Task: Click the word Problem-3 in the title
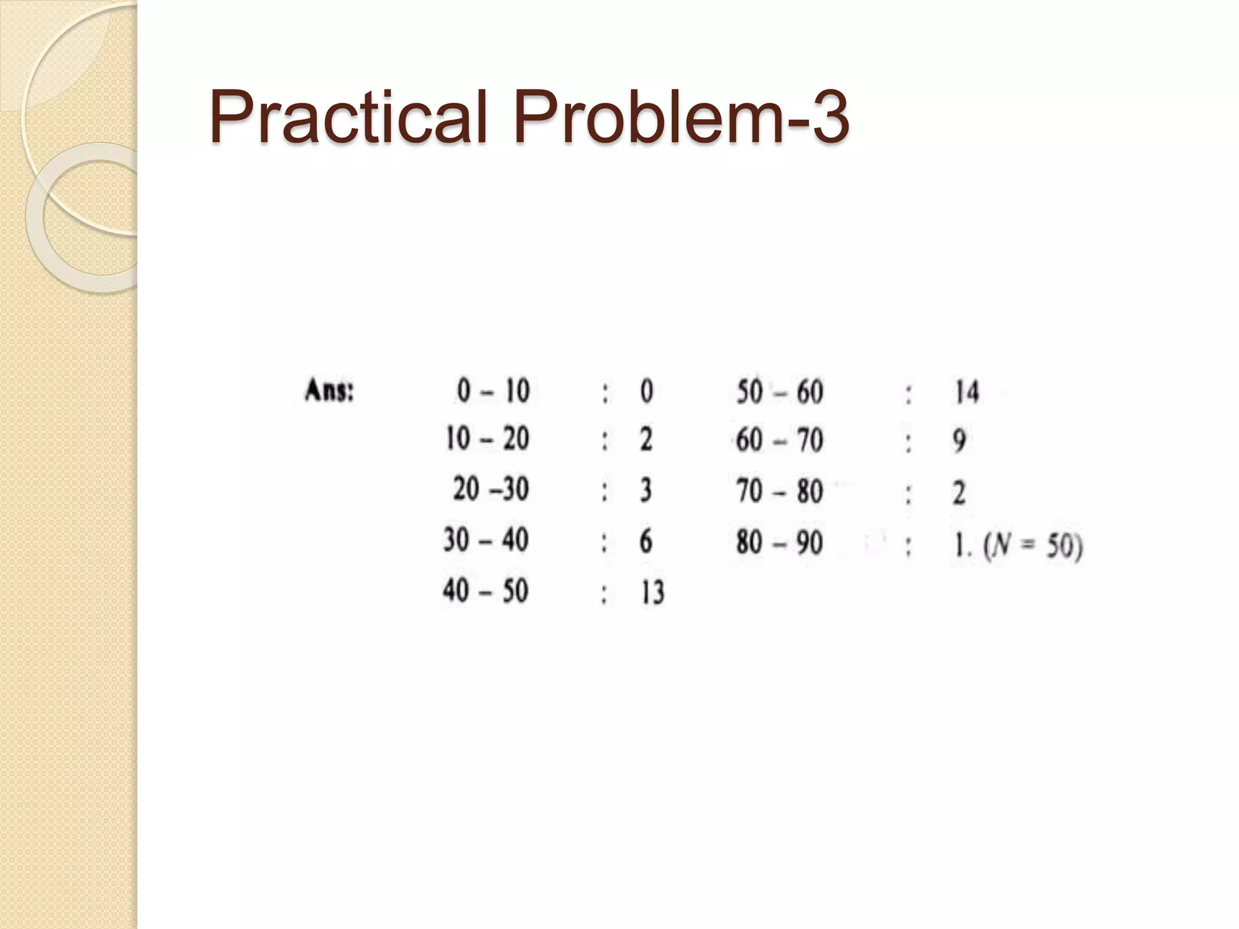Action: (x=681, y=116)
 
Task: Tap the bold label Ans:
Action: (x=329, y=391)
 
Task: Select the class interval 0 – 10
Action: (x=493, y=391)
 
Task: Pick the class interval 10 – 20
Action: (x=487, y=438)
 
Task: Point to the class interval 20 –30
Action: (x=491, y=489)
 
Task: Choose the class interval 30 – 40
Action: (x=486, y=539)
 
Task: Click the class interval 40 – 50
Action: (x=486, y=590)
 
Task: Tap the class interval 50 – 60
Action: (x=780, y=392)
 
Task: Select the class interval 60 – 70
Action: (x=779, y=440)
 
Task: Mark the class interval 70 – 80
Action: (x=779, y=491)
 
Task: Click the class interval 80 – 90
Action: (x=779, y=542)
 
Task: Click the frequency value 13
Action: (x=653, y=592)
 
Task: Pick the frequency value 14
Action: (x=967, y=392)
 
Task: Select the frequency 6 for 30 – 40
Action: (x=646, y=540)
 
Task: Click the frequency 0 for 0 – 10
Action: (x=647, y=391)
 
